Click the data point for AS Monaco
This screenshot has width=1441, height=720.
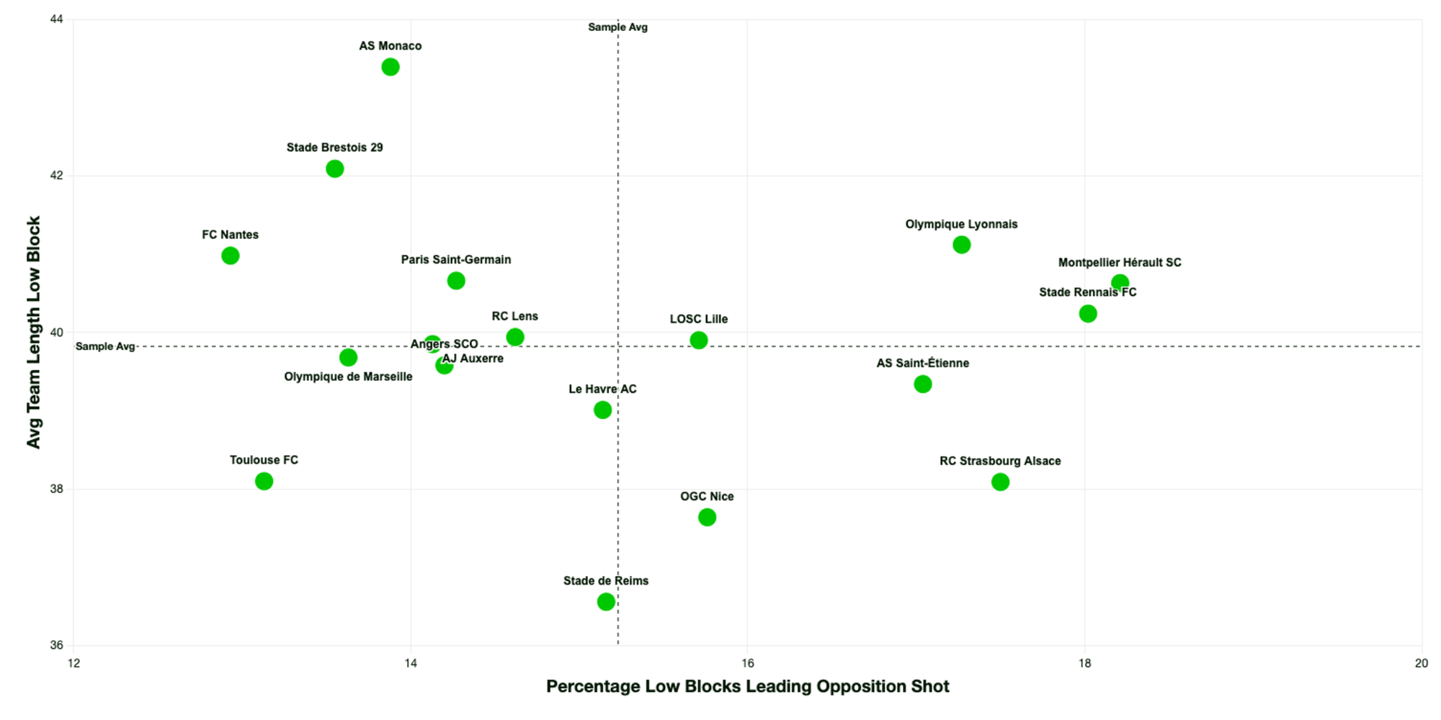pos(391,67)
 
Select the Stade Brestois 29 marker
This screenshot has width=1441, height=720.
pos(334,168)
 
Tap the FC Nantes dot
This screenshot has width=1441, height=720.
pos(230,256)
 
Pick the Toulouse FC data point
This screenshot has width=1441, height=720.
pos(264,481)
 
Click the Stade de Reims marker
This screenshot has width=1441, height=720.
pos(606,601)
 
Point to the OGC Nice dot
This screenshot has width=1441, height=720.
pos(707,517)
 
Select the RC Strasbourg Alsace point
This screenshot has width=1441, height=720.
pos(1000,482)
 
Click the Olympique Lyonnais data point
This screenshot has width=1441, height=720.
pos(961,245)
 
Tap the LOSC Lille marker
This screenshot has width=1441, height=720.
pos(698,340)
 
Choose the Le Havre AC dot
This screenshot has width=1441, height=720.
pos(602,410)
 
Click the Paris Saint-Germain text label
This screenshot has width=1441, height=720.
pos(456,260)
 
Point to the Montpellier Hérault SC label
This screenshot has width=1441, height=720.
pos(1120,263)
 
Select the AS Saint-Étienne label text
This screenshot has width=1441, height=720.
pos(922,364)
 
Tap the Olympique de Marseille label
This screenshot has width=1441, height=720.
pos(348,377)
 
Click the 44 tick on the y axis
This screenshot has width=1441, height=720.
pos(56,19)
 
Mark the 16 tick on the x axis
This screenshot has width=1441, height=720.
pos(747,663)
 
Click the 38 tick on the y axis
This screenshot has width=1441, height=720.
pos(56,489)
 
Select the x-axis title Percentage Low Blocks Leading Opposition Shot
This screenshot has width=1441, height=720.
pos(747,686)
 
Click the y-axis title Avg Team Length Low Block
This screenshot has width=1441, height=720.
pos(33,332)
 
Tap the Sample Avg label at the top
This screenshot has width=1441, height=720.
pos(617,27)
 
